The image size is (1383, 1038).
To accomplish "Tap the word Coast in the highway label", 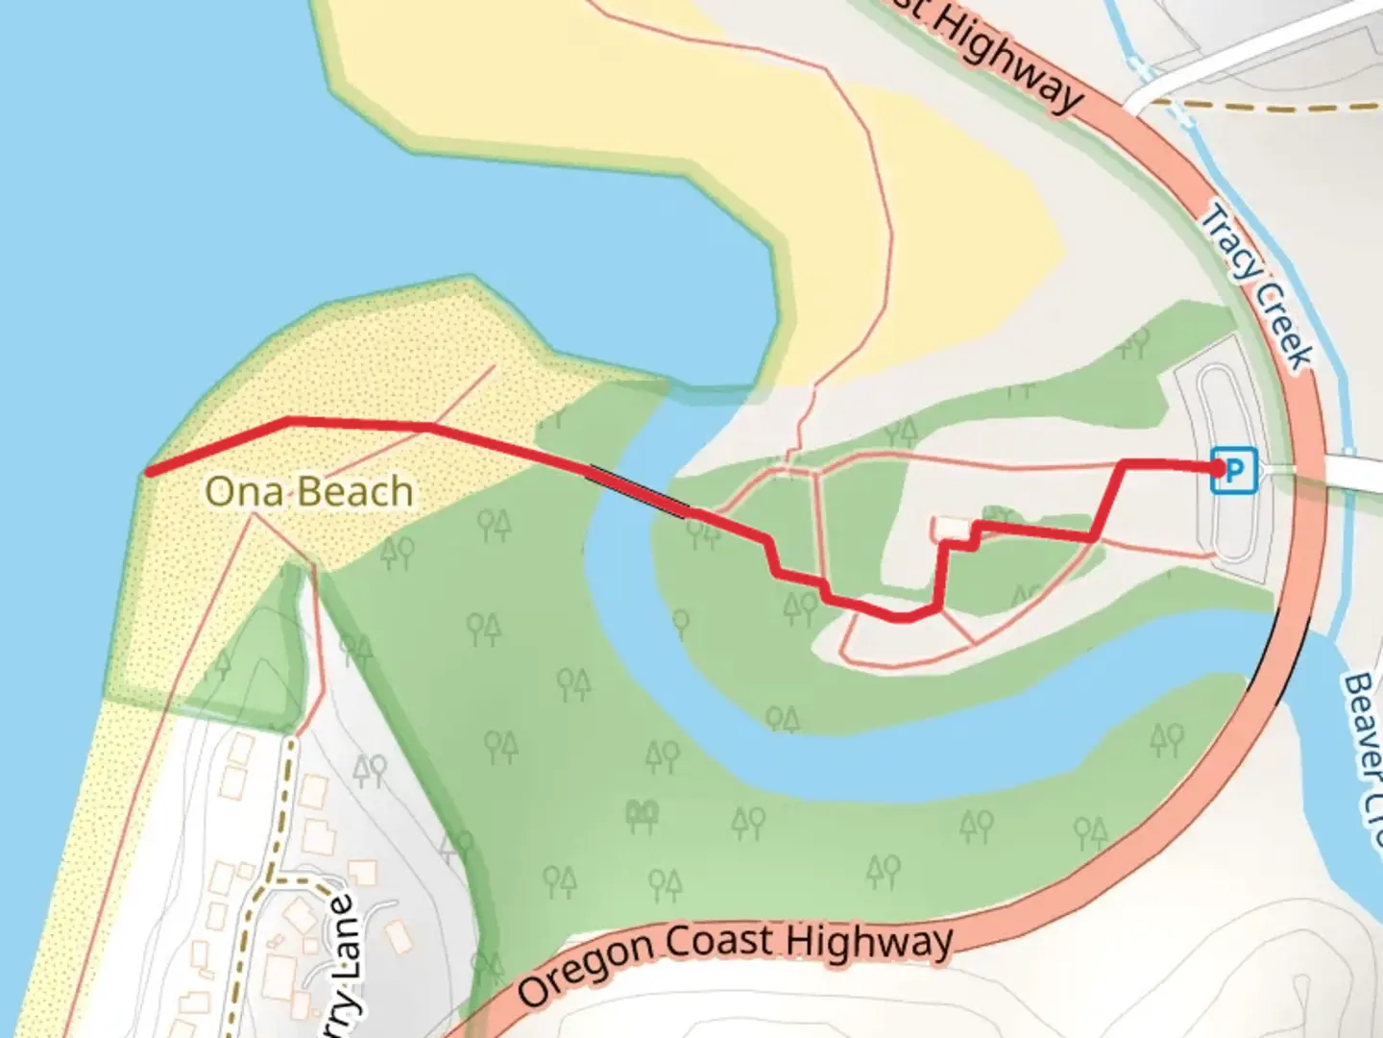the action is coord(720,941).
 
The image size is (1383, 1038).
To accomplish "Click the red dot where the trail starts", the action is coord(1219,468).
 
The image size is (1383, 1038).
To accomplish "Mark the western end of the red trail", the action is coord(148,471).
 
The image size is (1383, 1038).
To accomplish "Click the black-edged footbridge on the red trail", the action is coord(638,491).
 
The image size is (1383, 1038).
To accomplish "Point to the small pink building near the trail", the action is coord(950,528).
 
